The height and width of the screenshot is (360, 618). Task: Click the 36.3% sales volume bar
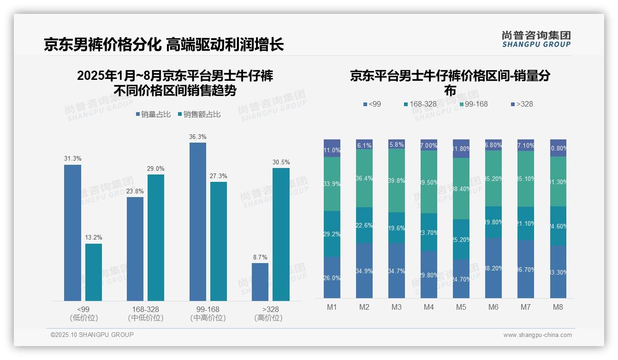point(198,222)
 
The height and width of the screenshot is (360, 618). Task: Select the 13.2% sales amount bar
point(94,272)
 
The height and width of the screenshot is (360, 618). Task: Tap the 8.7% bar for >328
point(260,282)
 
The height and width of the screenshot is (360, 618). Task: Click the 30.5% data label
point(281,162)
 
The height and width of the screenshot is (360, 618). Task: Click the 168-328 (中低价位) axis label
point(146,313)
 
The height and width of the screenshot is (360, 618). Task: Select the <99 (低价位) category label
point(83,313)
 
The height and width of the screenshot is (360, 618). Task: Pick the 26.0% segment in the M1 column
point(332,277)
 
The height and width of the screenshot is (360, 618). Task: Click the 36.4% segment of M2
point(364,178)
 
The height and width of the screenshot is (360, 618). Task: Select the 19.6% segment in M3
point(397,228)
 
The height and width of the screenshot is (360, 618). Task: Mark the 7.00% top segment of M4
point(429,145)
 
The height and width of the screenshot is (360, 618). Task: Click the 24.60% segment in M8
point(558,226)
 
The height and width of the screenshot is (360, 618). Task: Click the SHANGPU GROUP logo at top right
point(536,39)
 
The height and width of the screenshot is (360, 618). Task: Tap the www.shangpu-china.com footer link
point(537,335)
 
